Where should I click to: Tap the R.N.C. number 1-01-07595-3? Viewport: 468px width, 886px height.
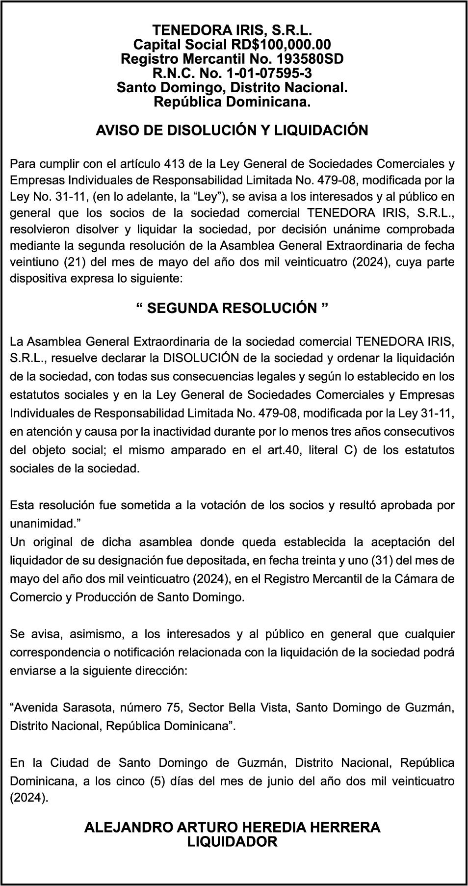[x=268, y=74]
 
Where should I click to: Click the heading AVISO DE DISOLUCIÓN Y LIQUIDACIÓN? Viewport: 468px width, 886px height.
[x=232, y=130]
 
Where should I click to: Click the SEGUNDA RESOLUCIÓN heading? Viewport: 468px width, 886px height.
[x=232, y=308]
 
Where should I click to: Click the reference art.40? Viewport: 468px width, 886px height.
[x=285, y=450]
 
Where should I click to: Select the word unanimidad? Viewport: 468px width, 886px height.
[x=43, y=523]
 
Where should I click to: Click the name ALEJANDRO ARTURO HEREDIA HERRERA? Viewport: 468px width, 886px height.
[x=232, y=828]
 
